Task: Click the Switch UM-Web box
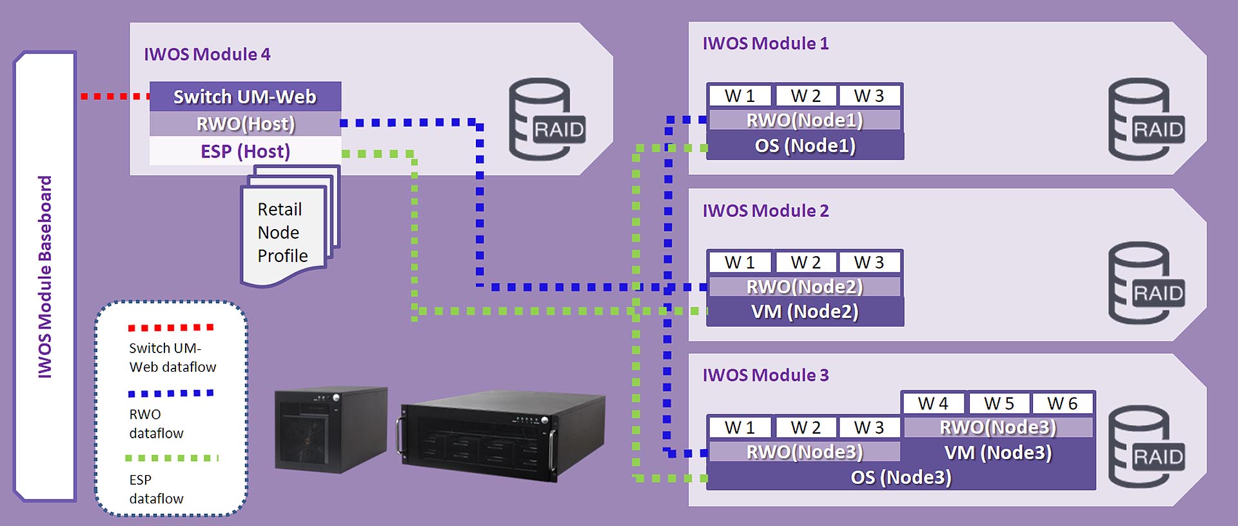(x=245, y=96)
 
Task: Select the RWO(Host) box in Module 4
(x=245, y=123)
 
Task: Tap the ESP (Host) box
(x=245, y=151)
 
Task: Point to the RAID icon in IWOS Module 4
(x=547, y=120)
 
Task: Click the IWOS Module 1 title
(x=765, y=44)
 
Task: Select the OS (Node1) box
(x=805, y=146)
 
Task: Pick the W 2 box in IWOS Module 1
(x=805, y=96)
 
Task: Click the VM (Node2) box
(x=805, y=312)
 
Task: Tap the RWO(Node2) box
(x=805, y=287)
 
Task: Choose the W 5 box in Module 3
(x=998, y=403)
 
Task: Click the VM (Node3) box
(x=997, y=452)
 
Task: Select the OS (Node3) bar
(x=901, y=478)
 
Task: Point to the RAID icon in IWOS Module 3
(x=1146, y=447)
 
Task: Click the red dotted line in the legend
(x=171, y=328)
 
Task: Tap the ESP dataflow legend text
(x=156, y=489)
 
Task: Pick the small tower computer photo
(x=331, y=429)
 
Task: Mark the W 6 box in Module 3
(x=1062, y=403)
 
